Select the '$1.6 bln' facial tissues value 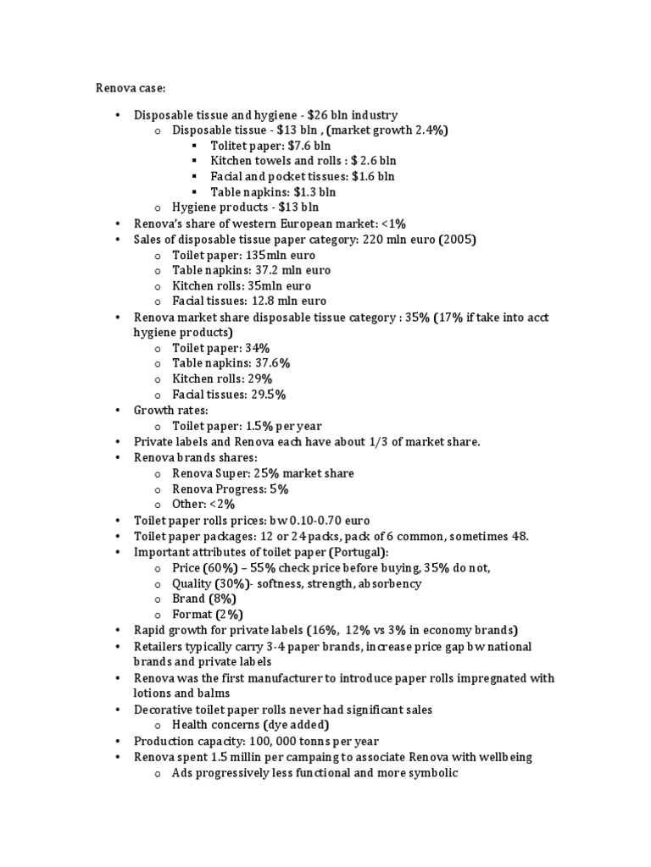(374, 176)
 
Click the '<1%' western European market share (392, 224)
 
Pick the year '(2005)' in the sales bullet (458, 240)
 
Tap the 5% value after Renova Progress (279, 489)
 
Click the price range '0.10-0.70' (312, 520)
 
